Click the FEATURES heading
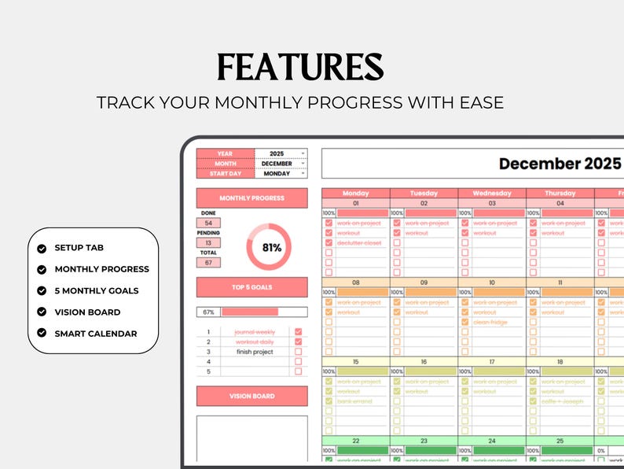(300, 68)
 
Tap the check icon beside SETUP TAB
(41, 248)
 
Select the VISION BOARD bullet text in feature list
(87, 312)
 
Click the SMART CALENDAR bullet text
(95, 334)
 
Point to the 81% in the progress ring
(272, 248)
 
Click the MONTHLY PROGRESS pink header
(251, 198)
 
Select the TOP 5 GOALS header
(251, 287)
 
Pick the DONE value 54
(208, 223)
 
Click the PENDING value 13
(208, 243)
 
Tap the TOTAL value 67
(208, 263)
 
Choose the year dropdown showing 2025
(281, 153)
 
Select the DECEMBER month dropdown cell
(281, 164)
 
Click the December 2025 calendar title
(560, 164)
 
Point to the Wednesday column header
(492, 193)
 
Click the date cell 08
(355, 283)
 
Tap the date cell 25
(560, 441)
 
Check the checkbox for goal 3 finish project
(298, 352)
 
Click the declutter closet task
(359, 243)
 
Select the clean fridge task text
(490, 322)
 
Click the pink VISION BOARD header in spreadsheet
(251, 396)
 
